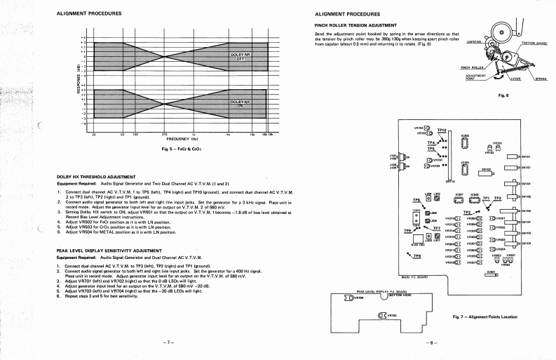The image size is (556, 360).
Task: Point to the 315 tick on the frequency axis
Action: (x=164, y=133)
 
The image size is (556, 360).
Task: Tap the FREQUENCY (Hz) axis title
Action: (x=164, y=139)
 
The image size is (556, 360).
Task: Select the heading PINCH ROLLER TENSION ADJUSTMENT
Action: (x=358, y=25)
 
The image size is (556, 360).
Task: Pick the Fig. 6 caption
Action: (x=501, y=95)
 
